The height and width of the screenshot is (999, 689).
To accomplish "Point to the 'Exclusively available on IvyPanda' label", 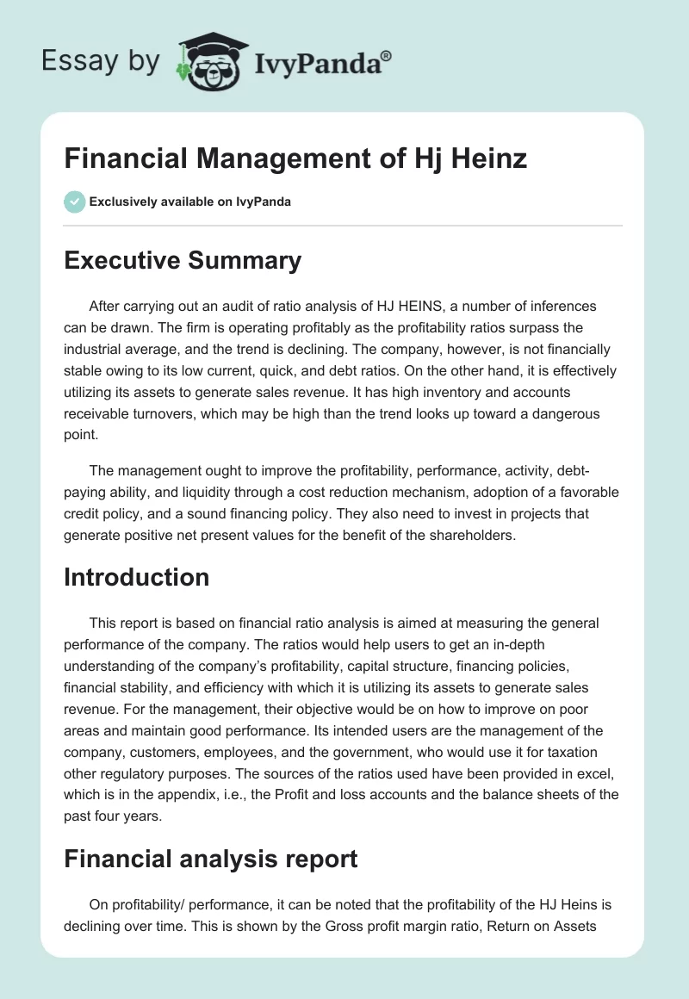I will click(190, 202).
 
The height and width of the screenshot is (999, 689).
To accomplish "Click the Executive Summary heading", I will click(183, 261).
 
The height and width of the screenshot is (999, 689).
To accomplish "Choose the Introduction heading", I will click(136, 576).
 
